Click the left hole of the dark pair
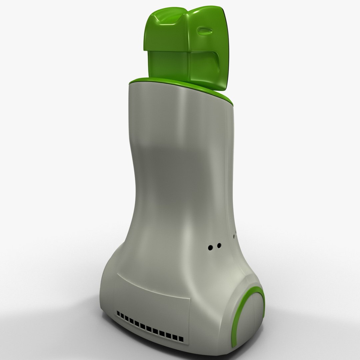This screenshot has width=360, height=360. click(x=211, y=247)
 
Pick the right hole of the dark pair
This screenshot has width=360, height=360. click(x=219, y=246)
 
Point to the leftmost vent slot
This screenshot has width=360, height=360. click(x=118, y=313)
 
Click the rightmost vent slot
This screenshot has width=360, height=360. click(x=181, y=339)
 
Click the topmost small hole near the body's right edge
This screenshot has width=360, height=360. click(x=236, y=231)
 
